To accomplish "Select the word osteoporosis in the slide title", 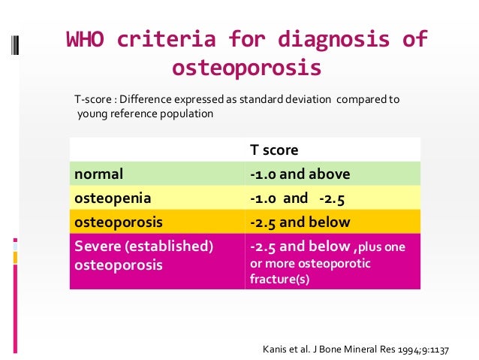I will pos(246,68).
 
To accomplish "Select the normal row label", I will pos(98,174).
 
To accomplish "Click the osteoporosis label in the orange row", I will pos(118,222).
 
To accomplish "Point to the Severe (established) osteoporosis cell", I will pos(143,256).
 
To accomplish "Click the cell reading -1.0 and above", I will pos(300,174).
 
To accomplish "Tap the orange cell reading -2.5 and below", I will pos(300,222).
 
